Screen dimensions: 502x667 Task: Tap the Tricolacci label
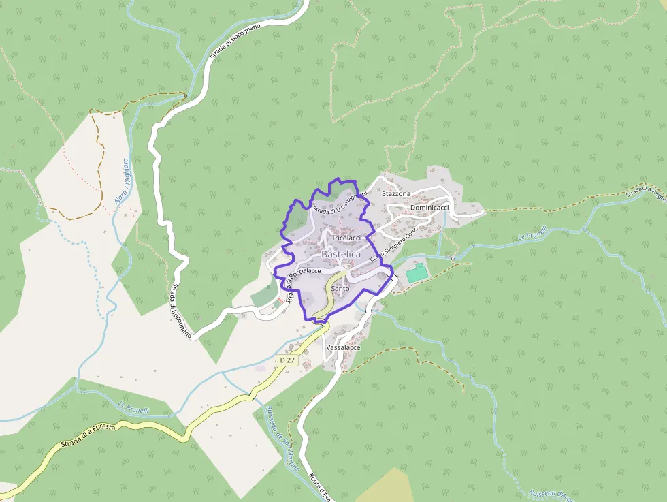(x=346, y=238)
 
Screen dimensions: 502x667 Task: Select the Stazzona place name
(x=396, y=194)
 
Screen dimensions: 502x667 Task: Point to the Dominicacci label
(x=429, y=207)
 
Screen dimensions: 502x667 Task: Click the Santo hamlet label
(x=340, y=289)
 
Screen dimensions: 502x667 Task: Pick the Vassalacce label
(x=343, y=347)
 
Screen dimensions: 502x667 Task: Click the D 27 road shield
(x=287, y=360)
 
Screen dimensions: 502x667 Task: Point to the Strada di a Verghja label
(x=646, y=193)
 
